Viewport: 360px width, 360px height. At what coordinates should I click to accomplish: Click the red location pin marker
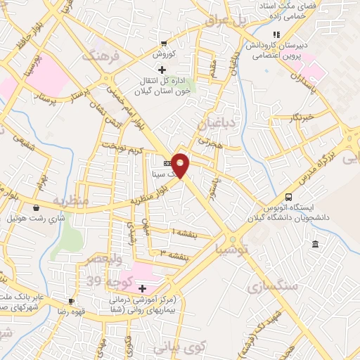(181, 165)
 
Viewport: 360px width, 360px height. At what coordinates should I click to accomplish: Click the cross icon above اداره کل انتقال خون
(162, 70)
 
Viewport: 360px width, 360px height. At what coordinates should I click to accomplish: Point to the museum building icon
(314, 244)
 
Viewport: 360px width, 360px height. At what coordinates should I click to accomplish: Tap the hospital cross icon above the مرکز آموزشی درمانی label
(142, 288)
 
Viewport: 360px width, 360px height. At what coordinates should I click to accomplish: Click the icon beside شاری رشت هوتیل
(36, 207)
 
